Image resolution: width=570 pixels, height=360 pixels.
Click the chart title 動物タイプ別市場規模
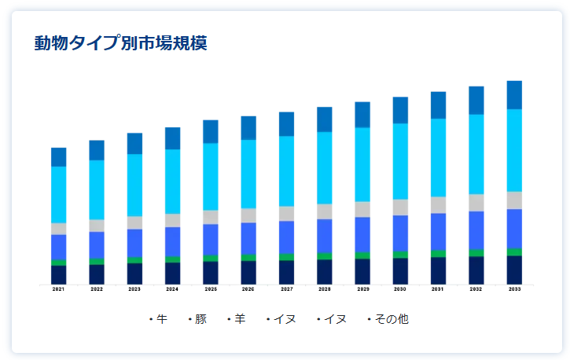coord(120,43)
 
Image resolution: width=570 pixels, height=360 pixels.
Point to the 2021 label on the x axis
coord(59,289)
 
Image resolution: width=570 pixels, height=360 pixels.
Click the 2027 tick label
coord(287,289)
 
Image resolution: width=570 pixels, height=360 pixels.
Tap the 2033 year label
coord(514,289)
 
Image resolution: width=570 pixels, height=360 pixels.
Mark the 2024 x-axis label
coord(173,289)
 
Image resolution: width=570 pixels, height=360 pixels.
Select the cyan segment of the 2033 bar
coord(514,149)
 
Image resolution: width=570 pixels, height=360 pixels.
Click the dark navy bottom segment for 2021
coord(59,274)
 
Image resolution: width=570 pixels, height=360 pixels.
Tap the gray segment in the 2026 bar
coord(248,215)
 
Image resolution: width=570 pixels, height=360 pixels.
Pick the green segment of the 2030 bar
coord(400,255)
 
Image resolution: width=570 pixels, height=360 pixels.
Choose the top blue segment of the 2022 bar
coord(97,150)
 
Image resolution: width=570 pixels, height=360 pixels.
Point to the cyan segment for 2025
coord(211,176)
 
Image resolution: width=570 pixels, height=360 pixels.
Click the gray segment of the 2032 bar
coord(476,202)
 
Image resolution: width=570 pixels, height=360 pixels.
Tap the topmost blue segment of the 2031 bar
coord(439,105)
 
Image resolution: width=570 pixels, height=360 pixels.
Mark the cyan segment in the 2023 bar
coord(134,185)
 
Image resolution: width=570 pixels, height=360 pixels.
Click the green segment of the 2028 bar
coord(325,256)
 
